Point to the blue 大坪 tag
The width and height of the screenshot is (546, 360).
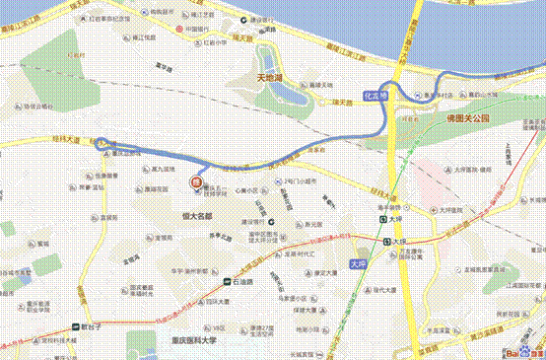coord(361,264)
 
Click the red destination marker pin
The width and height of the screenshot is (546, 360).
coord(196,181)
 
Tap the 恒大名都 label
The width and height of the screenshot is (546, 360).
coord(197,214)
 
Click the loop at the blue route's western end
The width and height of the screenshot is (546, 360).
coord(102,144)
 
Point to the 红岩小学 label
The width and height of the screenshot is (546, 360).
coord(215,42)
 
